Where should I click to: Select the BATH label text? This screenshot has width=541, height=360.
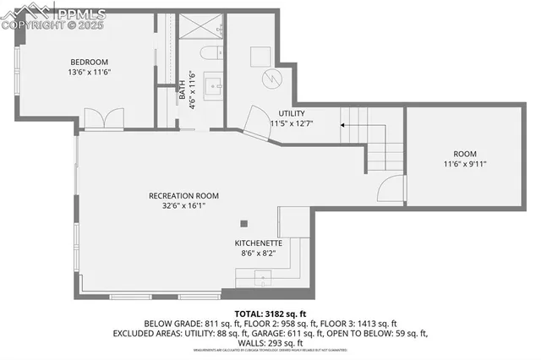tap(182, 90)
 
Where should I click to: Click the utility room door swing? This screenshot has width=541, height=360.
tap(256, 125)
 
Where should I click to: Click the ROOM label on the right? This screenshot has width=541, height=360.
tap(465, 153)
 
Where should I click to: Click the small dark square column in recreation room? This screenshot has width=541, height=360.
tap(244, 223)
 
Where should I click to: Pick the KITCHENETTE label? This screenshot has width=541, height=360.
tap(265, 243)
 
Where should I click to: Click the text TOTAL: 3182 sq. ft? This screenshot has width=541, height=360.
tap(270, 314)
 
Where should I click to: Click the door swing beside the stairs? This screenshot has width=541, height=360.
tap(391, 190)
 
